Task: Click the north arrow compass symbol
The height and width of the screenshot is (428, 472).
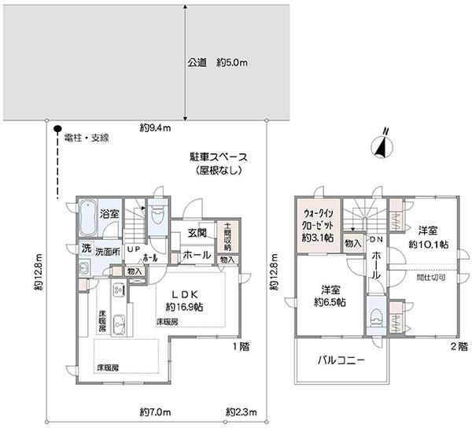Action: click(382, 146)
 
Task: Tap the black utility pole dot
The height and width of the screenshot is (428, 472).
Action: click(57, 128)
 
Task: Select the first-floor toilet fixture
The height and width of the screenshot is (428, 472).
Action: click(157, 215)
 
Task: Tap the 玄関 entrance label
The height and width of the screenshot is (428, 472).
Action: click(197, 233)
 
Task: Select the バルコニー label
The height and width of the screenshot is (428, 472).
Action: click(341, 360)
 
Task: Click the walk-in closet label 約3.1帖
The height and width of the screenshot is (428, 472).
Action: click(318, 238)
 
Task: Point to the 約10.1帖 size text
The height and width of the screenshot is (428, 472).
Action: click(429, 245)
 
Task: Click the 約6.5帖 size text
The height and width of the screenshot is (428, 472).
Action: click(330, 302)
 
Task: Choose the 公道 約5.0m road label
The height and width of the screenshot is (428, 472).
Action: click(218, 63)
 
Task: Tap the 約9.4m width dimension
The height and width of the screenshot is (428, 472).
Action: click(155, 128)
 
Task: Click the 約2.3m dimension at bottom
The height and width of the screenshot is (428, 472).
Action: click(242, 411)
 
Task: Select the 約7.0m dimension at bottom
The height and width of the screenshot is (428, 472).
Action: click(155, 411)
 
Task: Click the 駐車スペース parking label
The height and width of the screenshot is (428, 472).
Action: click(218, 157)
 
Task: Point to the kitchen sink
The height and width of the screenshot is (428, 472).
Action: click(120, 325)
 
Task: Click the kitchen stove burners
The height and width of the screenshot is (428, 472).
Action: click(118, 290)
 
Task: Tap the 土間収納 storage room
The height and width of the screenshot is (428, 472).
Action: click(228, 237)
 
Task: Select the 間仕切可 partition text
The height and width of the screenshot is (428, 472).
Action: click(431, 278)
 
